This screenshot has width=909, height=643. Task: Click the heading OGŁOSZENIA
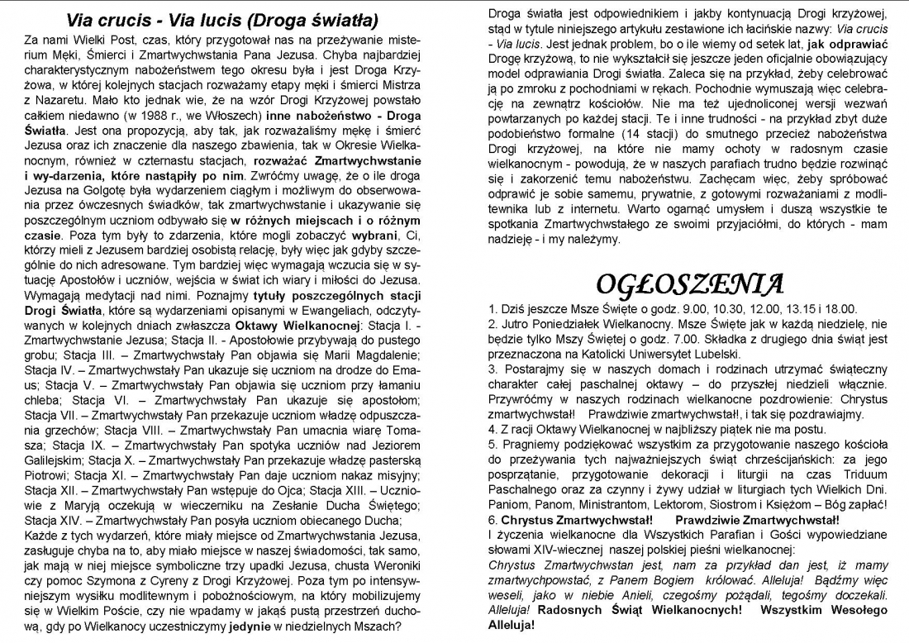click(x=689, y=285)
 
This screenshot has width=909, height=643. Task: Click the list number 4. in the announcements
click(x=493, y=430)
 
